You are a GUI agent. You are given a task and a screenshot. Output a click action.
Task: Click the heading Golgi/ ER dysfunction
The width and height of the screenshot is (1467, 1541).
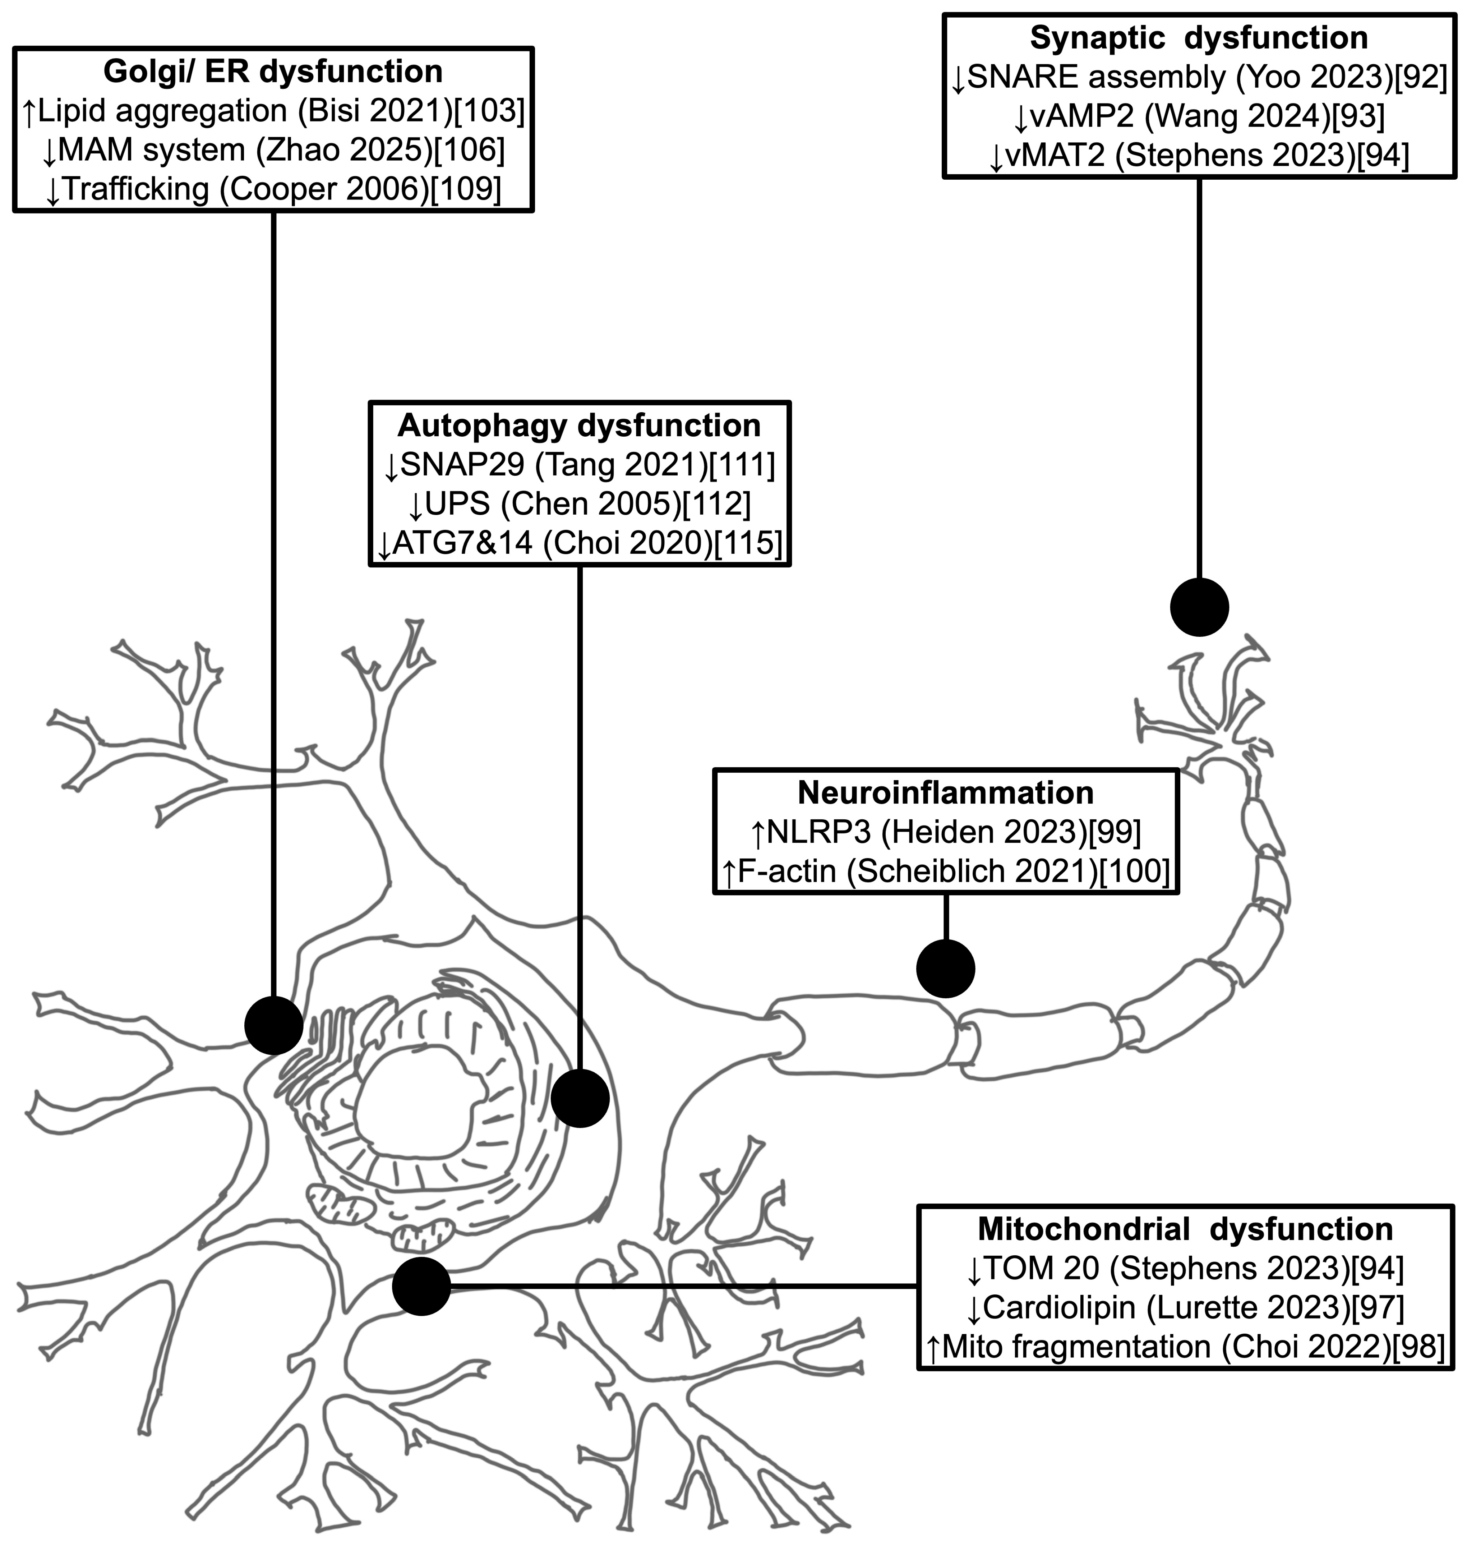tap(273, 71)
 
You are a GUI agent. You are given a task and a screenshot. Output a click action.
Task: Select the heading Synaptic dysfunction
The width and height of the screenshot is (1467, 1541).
tap(1199, 37)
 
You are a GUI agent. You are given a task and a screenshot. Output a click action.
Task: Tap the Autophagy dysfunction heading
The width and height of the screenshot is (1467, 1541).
tap(579, 425)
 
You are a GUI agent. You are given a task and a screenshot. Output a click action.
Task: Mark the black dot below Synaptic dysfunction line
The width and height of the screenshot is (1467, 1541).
tap(1199, 607)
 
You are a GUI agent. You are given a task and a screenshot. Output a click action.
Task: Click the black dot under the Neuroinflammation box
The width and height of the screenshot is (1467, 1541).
tap(945, 969)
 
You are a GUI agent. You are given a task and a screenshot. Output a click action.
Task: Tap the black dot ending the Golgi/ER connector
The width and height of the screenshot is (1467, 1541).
tap(274, 1025)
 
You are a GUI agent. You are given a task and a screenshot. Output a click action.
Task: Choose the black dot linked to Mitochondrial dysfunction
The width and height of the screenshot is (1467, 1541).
tap(421, 1286)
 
